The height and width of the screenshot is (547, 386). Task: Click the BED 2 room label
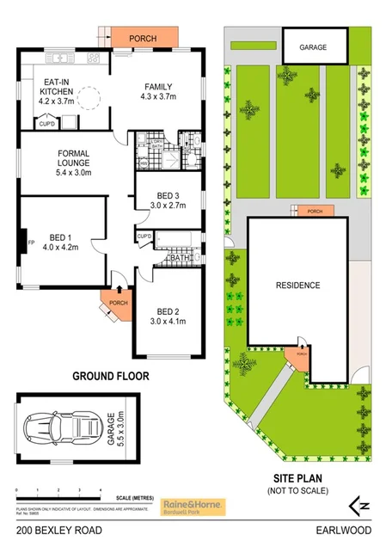(167, 317)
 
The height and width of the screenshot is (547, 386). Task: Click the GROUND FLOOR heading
(111, 376)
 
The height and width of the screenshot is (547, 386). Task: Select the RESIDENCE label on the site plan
(297, 286)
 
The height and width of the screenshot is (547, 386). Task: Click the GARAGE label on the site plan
(313, 48)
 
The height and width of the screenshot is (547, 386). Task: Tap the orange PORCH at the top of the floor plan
(141, 39)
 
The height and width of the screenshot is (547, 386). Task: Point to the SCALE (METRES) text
(136, 498)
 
